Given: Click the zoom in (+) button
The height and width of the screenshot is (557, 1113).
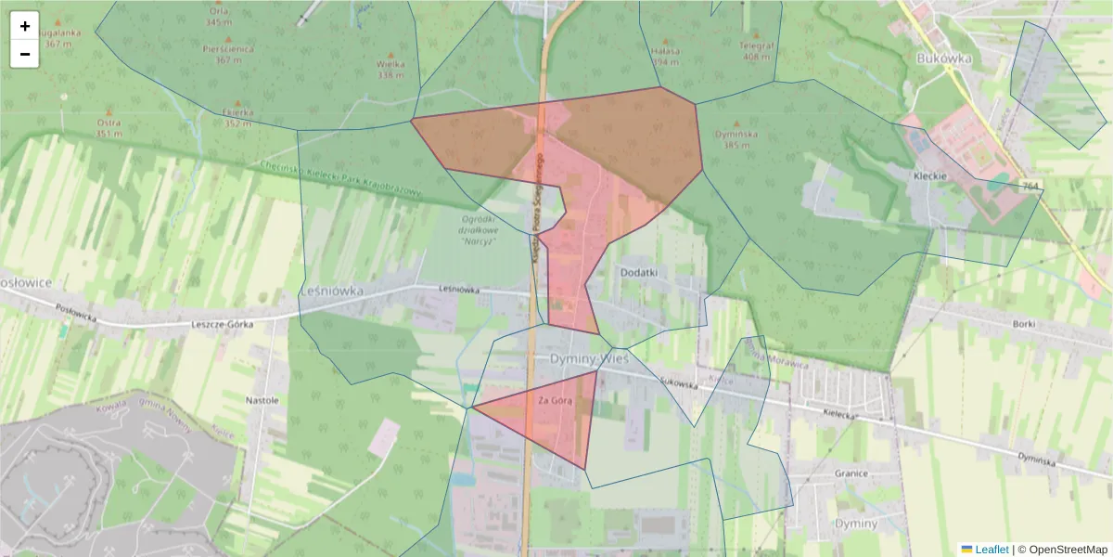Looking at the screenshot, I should pos(25,26).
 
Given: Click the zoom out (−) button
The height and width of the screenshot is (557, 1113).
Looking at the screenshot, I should pos(25,54).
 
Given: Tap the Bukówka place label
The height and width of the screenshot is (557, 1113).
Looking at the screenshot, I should pos(942,58).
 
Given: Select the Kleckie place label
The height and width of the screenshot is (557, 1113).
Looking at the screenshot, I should pos(928,175).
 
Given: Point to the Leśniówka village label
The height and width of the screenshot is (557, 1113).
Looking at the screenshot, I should pos(331,291).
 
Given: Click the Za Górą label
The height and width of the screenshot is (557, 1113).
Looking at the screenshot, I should pos(555,400).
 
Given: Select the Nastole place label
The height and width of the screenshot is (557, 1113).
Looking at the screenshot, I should pos(262,400).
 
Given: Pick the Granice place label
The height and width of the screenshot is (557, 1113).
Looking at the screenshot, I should pos(851,473).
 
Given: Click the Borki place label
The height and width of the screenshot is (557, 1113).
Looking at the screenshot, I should pos(1024,324).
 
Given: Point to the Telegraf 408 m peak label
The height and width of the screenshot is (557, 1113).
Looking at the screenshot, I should pos(756,50).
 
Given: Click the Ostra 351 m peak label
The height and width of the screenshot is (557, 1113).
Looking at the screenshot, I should pos(109,127).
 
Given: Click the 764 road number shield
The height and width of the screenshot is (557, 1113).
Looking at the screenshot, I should pos(1030,187).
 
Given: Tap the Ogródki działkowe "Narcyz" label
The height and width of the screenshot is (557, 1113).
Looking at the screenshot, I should pos(479,229).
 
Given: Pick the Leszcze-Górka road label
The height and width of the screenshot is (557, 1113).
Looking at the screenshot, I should pos(222,325).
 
